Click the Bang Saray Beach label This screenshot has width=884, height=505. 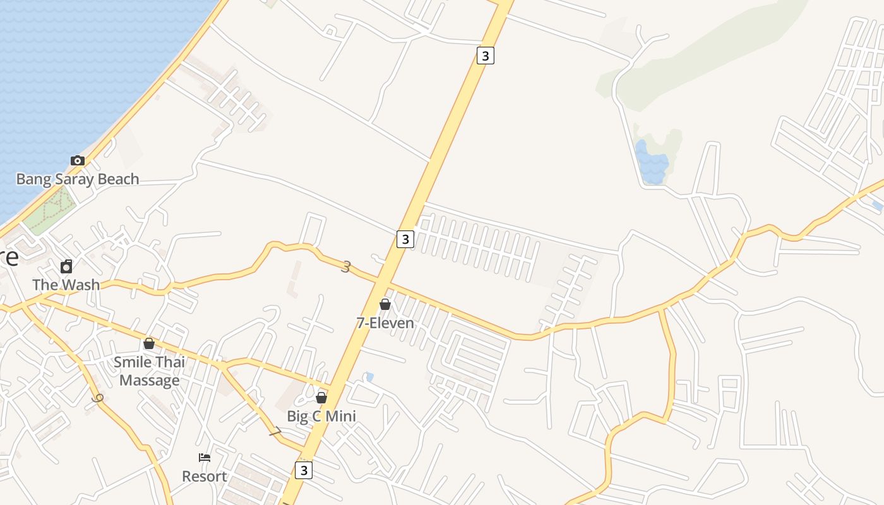78,179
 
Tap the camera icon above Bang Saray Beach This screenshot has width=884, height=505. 78,160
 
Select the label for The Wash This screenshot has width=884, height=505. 66,285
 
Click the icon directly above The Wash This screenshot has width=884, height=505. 66,266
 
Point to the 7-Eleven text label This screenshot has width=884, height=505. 385,323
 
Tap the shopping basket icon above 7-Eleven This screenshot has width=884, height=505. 385,305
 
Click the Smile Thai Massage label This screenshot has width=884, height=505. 150,371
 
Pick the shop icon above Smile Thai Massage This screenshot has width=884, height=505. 149,343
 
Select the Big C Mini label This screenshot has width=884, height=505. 321,416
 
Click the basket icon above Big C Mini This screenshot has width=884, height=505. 321,398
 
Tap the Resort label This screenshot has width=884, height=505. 204,476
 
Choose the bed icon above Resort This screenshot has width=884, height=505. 205,458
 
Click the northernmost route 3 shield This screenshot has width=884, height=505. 485,56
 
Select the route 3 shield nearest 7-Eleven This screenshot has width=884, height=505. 405,239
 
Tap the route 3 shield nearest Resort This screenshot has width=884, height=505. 304,470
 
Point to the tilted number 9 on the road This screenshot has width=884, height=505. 97,399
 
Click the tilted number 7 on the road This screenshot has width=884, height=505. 275,432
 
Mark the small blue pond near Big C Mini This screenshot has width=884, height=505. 369,377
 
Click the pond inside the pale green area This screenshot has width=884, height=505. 652,162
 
